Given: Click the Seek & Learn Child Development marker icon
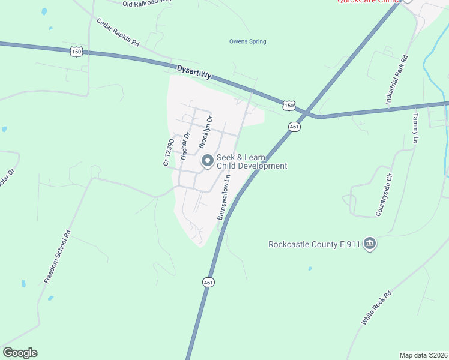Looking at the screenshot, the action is click(x=208, y=161).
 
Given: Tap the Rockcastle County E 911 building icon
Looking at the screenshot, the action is click(x=370, y=244).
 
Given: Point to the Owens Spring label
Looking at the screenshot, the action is click(x=247, y=41).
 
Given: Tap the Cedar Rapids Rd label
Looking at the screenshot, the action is click(x=118, y=32).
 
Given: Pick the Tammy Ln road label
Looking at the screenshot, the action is click(x=415, y=128).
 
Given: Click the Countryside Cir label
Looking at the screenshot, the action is click(x=384, y=195).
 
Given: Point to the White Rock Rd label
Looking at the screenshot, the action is click(x=376, y=308).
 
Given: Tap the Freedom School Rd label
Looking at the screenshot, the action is click(x=58, y=257).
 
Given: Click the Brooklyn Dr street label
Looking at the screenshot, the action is click(x=206, y=132).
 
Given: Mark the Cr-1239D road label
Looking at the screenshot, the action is click(x=169, y=152).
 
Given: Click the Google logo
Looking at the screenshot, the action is click(x=20, y=353).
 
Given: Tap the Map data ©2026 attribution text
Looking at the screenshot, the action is click(x=423, y=355).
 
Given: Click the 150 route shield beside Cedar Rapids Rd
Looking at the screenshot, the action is click(x=76, y=52).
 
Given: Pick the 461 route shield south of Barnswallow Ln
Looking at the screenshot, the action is click(x=208, y=282).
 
